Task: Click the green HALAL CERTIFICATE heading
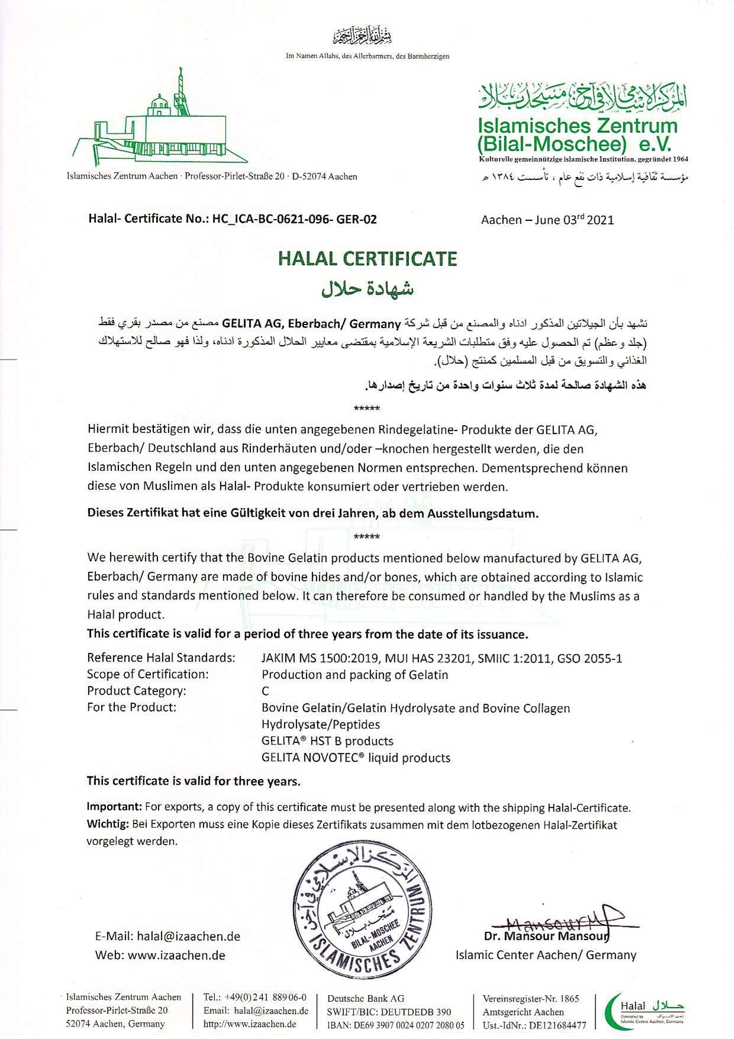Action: [x=368, y=259]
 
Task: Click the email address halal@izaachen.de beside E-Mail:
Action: [x=188, y=937]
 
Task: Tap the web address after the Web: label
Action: [x=176, y=955]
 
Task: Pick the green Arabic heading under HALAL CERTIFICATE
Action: [x=367, y=288]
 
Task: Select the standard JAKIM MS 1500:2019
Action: [x=320, y=658]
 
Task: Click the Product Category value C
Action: [x=265, y=691]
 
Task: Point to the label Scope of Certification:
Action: [x=147, y=674]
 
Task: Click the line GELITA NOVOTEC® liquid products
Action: [x=356, y=758]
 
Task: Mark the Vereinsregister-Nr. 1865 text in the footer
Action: [x=530, y=999]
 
